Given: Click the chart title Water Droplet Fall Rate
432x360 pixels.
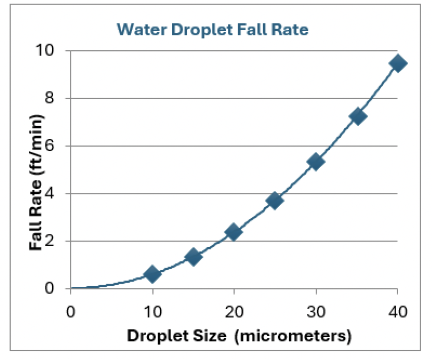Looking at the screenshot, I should (x=212, y=29).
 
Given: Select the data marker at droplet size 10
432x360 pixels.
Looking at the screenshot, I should (x=152, y=274).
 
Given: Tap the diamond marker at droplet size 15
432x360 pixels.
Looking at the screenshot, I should (x=193, y=257).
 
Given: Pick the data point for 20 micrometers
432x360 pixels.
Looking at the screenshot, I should (x=234, y=232).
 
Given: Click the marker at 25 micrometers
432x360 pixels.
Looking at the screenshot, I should (x=275, y=200).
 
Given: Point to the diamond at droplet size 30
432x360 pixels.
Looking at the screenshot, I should (x=316, y=162).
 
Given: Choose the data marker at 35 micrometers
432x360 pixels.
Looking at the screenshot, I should (x=357, y=116).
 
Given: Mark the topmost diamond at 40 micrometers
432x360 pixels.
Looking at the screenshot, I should (x=398, y=64).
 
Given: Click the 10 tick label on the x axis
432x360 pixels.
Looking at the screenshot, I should (x=152, y=312).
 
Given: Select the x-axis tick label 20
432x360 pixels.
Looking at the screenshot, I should (x=234, y=312).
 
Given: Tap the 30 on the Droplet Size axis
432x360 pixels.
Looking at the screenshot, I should (x=316, y=312).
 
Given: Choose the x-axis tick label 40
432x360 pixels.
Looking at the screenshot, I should (x=398, y=312).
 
